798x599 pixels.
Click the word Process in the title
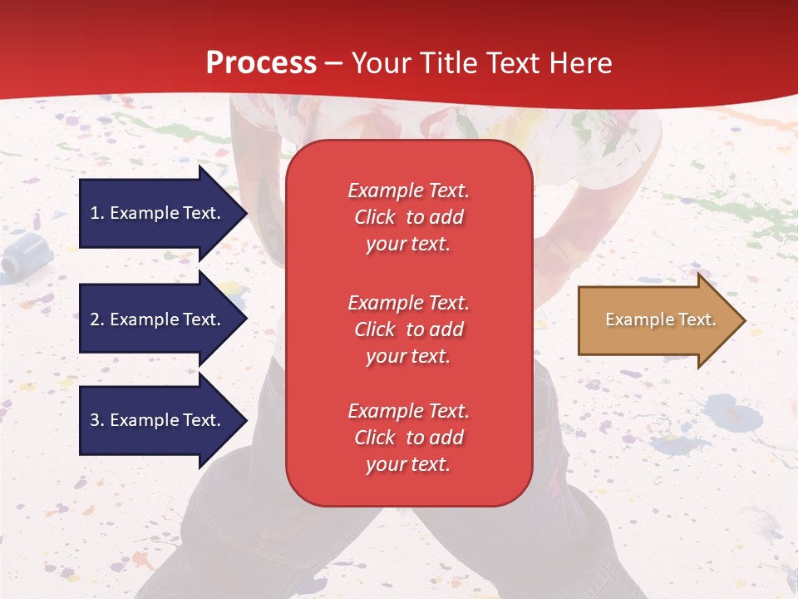(262, 63)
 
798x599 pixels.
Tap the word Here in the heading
(581, 62)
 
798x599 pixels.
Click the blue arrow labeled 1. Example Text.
(164, 213)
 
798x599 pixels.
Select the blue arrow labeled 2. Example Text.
(164, 319)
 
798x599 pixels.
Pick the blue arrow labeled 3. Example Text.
(164, 420)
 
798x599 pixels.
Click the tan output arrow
(663, 320)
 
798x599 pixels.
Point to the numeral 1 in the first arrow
(95, 213)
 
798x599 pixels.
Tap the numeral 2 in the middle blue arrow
(95, 319)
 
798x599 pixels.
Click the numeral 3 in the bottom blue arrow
(95, 419)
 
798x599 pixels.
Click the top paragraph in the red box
(409, 217)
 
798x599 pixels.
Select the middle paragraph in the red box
(409, 329)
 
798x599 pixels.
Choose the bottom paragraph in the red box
(409, 438)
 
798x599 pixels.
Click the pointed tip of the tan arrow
(746, 320)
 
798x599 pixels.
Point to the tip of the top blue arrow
(248, 213)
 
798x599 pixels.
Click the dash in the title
(334, 64)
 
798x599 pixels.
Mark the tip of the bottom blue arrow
(248, 420)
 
